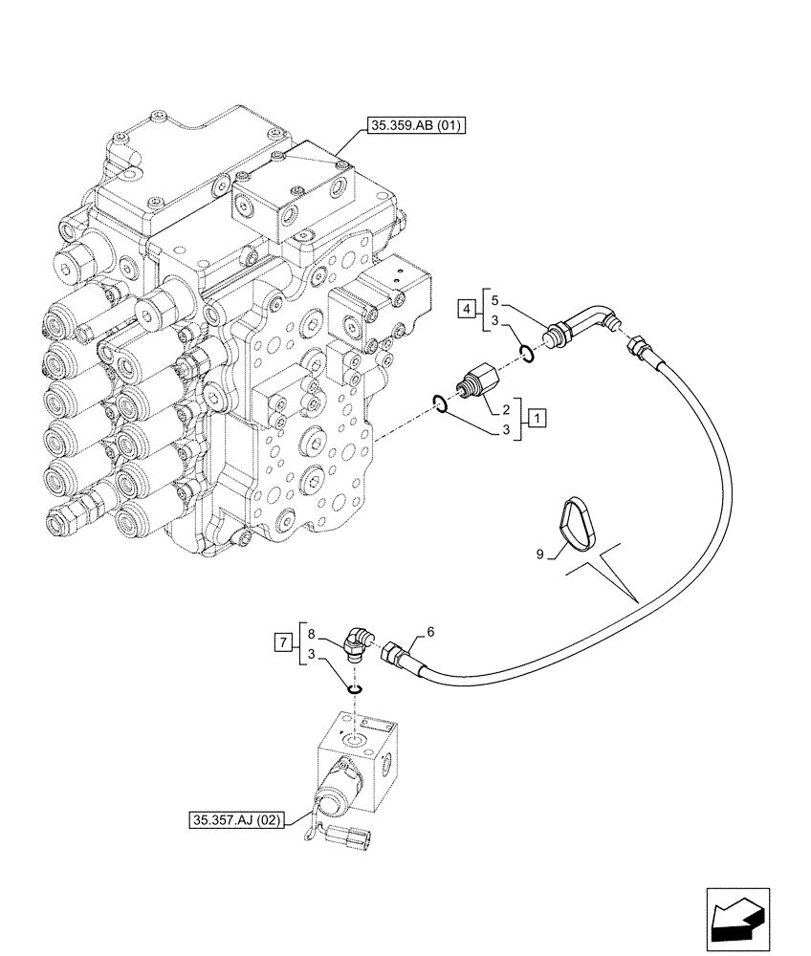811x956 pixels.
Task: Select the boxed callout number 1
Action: (x=537, y=418)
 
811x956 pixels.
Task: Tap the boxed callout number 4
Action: (x=466, y=308)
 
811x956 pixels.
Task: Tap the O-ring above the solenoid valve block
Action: (x=355, y=689)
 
